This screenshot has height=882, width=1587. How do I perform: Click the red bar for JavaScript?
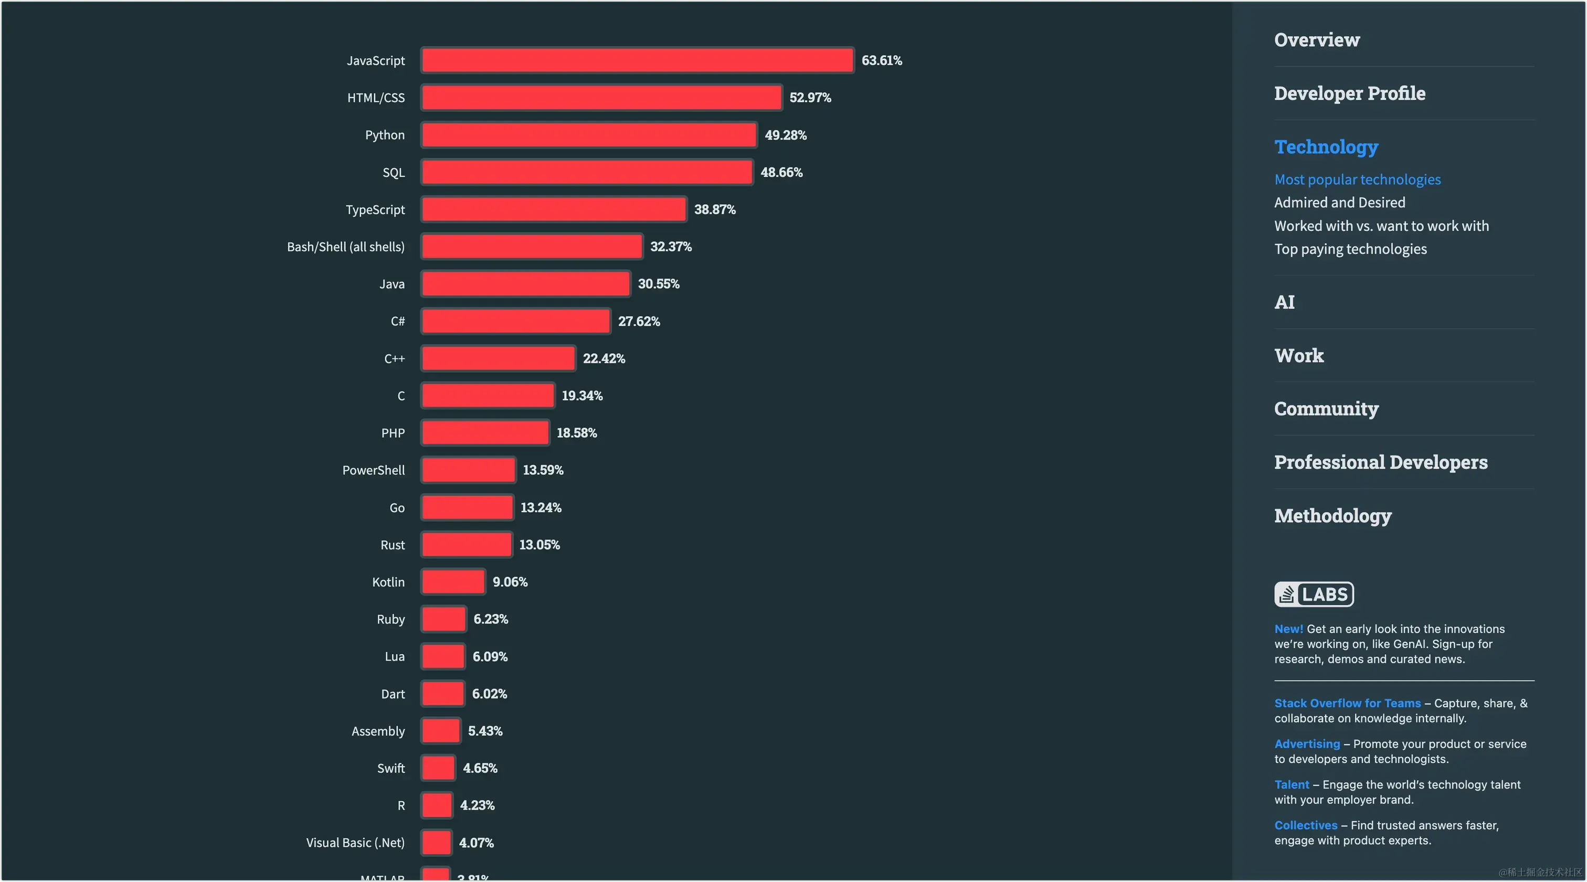point(637,60)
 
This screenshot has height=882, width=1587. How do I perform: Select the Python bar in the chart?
point(589,135)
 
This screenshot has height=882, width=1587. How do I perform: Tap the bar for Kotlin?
point(453,582)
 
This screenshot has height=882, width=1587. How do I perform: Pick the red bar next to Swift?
point(439,768)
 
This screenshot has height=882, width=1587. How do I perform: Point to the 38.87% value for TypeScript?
point(715,209)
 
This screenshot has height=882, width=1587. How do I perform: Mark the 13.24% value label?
point(541,507)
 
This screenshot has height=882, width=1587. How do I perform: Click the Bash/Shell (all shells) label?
point(346,247)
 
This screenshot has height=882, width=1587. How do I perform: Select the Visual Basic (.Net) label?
point(355,843)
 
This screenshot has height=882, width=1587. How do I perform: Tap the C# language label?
point(397,322)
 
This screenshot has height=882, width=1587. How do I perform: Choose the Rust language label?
point(393,545)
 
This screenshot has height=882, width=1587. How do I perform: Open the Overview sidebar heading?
point(1317,40)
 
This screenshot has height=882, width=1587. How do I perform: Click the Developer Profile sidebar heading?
point(1349,93)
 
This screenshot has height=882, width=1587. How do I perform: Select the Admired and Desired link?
point(1339,203)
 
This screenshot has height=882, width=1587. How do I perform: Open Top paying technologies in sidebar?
point(1350,249)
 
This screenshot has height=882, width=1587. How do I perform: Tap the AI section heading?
point(1285,302)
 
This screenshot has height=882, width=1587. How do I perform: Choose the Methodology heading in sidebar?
point(1332,516)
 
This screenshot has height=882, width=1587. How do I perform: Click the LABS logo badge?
point(1314,594)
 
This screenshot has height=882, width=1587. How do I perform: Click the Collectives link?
point(1306,825)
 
